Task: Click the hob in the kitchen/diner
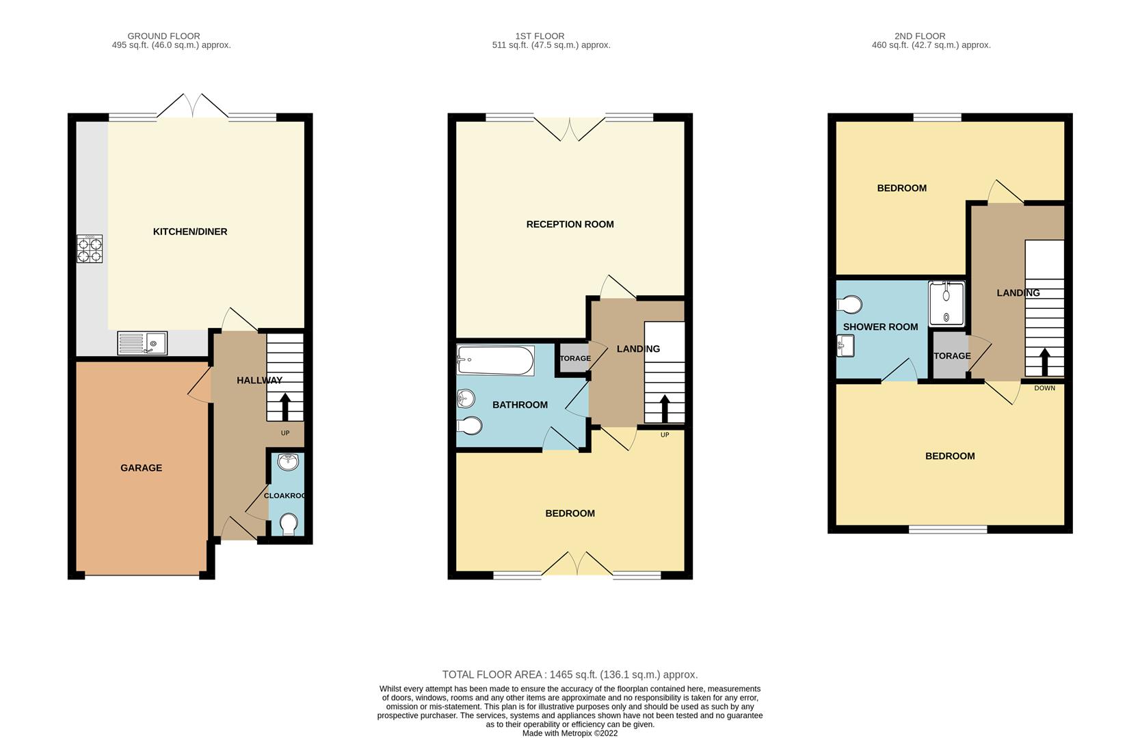click(x=90, y=249)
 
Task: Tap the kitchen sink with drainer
click(x=142, y=342)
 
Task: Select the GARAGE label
click(x=141, y=468)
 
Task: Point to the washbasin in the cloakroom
click(x=289, y=463)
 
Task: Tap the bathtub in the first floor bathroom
click(x=495, y=360)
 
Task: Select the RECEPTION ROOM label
click(x=570, y=224)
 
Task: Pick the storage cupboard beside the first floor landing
click(x=573, y=358)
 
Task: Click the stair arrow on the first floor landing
click(x=664, y=409)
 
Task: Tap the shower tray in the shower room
click(x=946, y=303)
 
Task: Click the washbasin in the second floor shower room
click(x=845, y=346)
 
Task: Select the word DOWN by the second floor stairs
click(x=1044, y=388)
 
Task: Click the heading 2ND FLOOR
click(x=919, y=36)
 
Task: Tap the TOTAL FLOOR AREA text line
click(x=570, y=674)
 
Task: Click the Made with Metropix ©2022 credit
click(x=570, y=733)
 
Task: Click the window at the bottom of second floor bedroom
click(x=948, y=529)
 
